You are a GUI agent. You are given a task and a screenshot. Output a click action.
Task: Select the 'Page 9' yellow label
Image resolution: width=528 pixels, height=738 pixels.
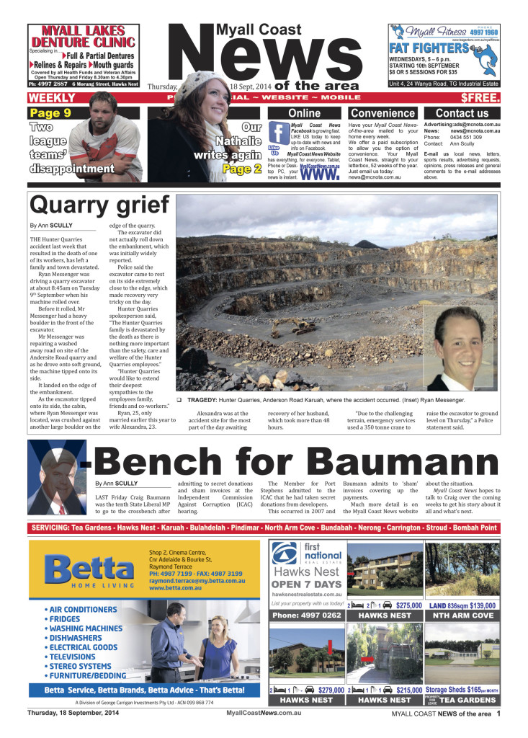tap(50, 112)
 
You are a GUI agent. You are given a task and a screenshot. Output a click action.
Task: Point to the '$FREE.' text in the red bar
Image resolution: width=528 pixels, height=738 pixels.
tap(480, 97)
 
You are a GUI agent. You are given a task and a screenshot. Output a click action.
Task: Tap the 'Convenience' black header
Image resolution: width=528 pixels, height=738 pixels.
tap(382, 113)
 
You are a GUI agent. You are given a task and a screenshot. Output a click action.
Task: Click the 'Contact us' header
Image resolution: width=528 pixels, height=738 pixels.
tap(462, 113)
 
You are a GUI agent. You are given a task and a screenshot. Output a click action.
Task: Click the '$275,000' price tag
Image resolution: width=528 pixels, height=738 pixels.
tap(408, 606)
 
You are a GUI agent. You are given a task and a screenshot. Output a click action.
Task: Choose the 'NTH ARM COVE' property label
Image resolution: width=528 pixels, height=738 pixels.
tap(462, 616)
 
